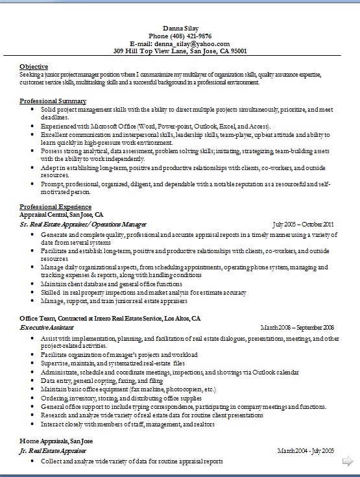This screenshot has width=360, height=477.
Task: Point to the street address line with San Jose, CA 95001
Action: tap(180, 50)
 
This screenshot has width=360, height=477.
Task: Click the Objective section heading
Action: tap(34, 67)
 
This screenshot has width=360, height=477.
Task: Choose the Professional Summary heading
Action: tap(53, 101)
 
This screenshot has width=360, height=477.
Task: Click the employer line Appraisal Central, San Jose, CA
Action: tap(62, 214)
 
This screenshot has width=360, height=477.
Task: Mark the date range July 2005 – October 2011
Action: tap(303, 223)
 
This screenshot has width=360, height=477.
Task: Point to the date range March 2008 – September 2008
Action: tap(296, 328)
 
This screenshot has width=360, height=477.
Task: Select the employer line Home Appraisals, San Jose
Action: tap(56, 441)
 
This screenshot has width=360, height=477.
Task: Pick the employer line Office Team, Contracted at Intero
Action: tap(110, 319)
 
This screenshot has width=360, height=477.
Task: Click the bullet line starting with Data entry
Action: tap(101, 381)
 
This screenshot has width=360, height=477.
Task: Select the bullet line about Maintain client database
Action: tap(111, 284)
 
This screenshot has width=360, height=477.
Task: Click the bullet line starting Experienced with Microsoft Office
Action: tap(156, 126)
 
